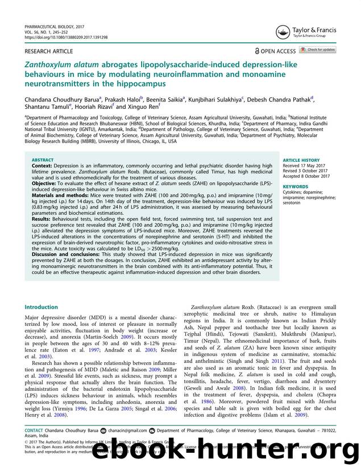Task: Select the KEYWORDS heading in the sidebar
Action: point(295,186)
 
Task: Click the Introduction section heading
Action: point(41,307)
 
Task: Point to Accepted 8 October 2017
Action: point(308,176)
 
